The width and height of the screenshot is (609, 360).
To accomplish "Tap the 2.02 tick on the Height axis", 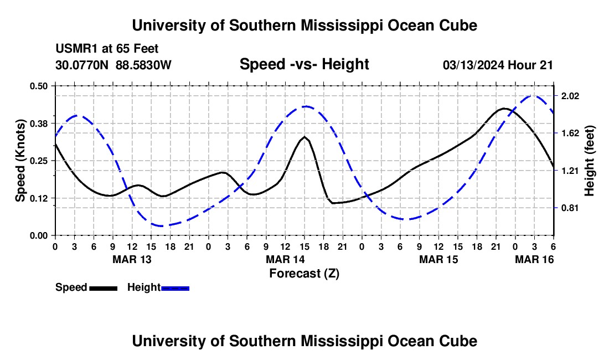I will pos(570,96).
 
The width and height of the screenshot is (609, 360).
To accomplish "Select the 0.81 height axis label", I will pos(570,208).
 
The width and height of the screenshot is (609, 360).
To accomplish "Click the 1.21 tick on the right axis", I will pos(570,171).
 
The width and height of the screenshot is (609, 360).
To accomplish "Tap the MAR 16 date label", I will pos(535,259).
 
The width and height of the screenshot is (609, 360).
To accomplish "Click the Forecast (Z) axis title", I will pos(304,273).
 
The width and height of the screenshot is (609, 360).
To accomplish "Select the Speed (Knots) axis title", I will pos(20,161).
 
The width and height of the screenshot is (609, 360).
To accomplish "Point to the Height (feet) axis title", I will pos(589,161).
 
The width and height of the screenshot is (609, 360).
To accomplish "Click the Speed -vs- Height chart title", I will pos(304,64).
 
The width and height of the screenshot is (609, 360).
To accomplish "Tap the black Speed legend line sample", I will pos(103,287).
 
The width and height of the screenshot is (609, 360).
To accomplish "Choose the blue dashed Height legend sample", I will pos(175,287).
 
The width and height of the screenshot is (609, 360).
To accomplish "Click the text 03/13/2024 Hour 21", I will pos(498,65).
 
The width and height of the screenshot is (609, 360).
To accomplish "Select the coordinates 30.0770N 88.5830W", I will pos(113,65).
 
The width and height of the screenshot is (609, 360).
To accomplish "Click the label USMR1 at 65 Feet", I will pos(107,49).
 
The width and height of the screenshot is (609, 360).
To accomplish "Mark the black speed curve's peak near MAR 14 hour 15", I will pos(304,136).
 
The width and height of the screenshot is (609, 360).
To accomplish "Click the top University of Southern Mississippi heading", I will pos(304,25).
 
